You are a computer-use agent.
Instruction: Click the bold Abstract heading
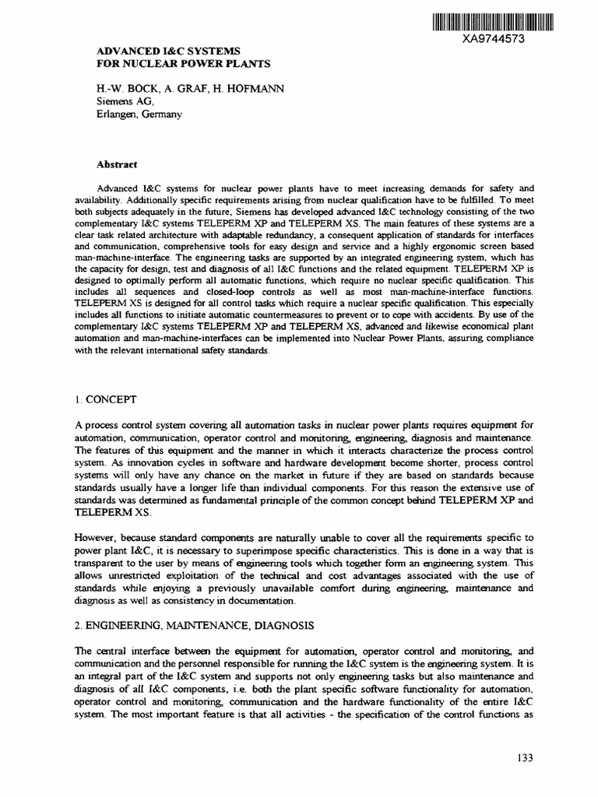[x=117, y=164]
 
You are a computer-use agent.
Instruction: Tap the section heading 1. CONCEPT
[x=106, y=399]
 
